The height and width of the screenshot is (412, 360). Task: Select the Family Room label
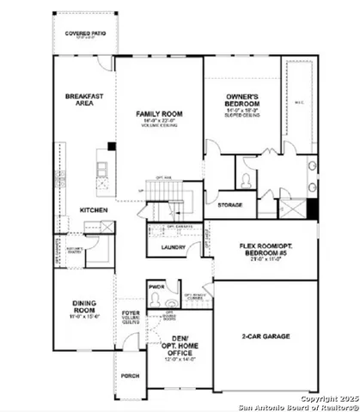pyautogui.click(x=161, y=113)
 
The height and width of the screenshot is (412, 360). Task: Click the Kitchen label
pyautogui.click(x=93, y=209)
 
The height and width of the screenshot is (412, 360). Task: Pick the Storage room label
pyautogui.click(x=229, y=205)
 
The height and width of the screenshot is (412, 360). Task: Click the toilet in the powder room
pyautogui.click(x=156, y=300)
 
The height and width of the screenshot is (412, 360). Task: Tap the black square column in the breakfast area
pyautogui.click(x=111, y=146)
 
